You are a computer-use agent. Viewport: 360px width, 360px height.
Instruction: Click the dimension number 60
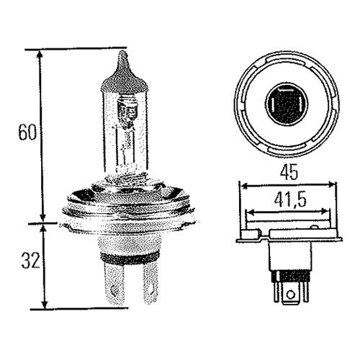(27, 132)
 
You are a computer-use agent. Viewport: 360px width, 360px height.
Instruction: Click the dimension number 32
(30, 261)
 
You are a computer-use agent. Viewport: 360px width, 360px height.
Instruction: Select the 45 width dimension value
(289, 172)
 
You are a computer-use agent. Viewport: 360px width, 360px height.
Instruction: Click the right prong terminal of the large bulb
(150, 283)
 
